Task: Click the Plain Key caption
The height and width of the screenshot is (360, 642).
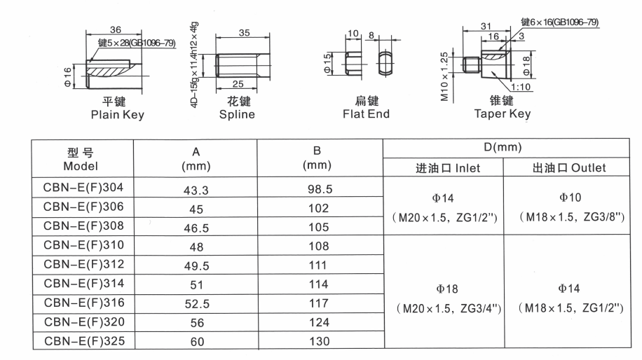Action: pyautogui.click(x=118, y=115)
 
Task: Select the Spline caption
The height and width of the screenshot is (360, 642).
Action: pyautogui.click(x=237, y=115)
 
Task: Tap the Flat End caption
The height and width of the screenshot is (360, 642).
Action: pyautogui.click(x=366, y=114)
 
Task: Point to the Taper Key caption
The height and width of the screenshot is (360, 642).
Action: pyautogui.click(x=503, y=113)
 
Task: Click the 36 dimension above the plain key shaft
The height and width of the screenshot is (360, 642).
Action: pyautogui.click(x=116, y=29)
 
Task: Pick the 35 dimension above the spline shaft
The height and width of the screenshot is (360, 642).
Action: pyautogui.click(x=244, y=33)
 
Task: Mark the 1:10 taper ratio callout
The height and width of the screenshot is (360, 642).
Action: pyautogui.click(x=520, y=87)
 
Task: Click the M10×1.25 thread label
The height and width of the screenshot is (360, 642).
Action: pyautogui.click(x=444, y=76)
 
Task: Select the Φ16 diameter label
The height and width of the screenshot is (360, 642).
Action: pyautogui.click(x=67, y=77)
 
